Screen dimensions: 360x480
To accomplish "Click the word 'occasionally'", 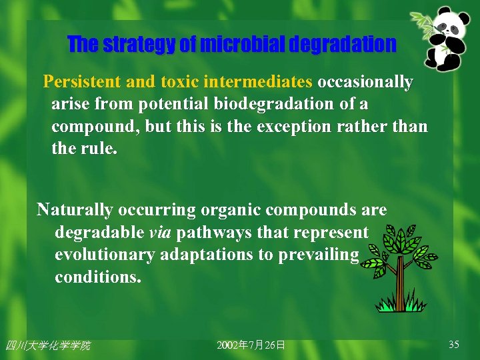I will [x=365, y=82].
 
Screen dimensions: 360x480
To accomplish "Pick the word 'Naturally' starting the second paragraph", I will [x=75, y=210].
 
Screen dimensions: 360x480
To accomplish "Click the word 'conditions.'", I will [x=98, y=277].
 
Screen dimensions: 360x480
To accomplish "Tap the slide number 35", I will [x=454, y=345].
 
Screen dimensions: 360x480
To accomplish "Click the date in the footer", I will [x=251, y=345].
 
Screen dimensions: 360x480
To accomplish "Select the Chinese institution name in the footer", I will [x=47, y=345].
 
